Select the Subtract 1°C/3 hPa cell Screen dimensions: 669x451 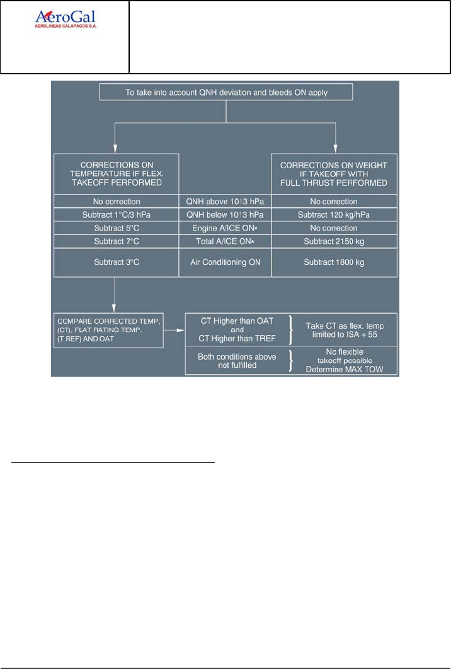pos(116,215)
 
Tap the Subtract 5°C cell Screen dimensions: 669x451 pos(116,228)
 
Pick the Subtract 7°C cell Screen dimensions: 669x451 pos(116,241)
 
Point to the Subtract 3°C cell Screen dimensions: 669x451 pos(116,261)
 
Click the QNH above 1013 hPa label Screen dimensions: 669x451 pos(226,202)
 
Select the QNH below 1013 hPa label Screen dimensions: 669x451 pos(226,215)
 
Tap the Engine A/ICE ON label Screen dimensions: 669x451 pos(226,228)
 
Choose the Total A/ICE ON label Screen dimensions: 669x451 pos(226,241)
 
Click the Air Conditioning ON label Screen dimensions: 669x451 pos(226,261)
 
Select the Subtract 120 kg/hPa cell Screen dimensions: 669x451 pos(334,215)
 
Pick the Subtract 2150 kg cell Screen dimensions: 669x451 pos(334,241)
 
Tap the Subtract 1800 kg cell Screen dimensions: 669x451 pos(334,261)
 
